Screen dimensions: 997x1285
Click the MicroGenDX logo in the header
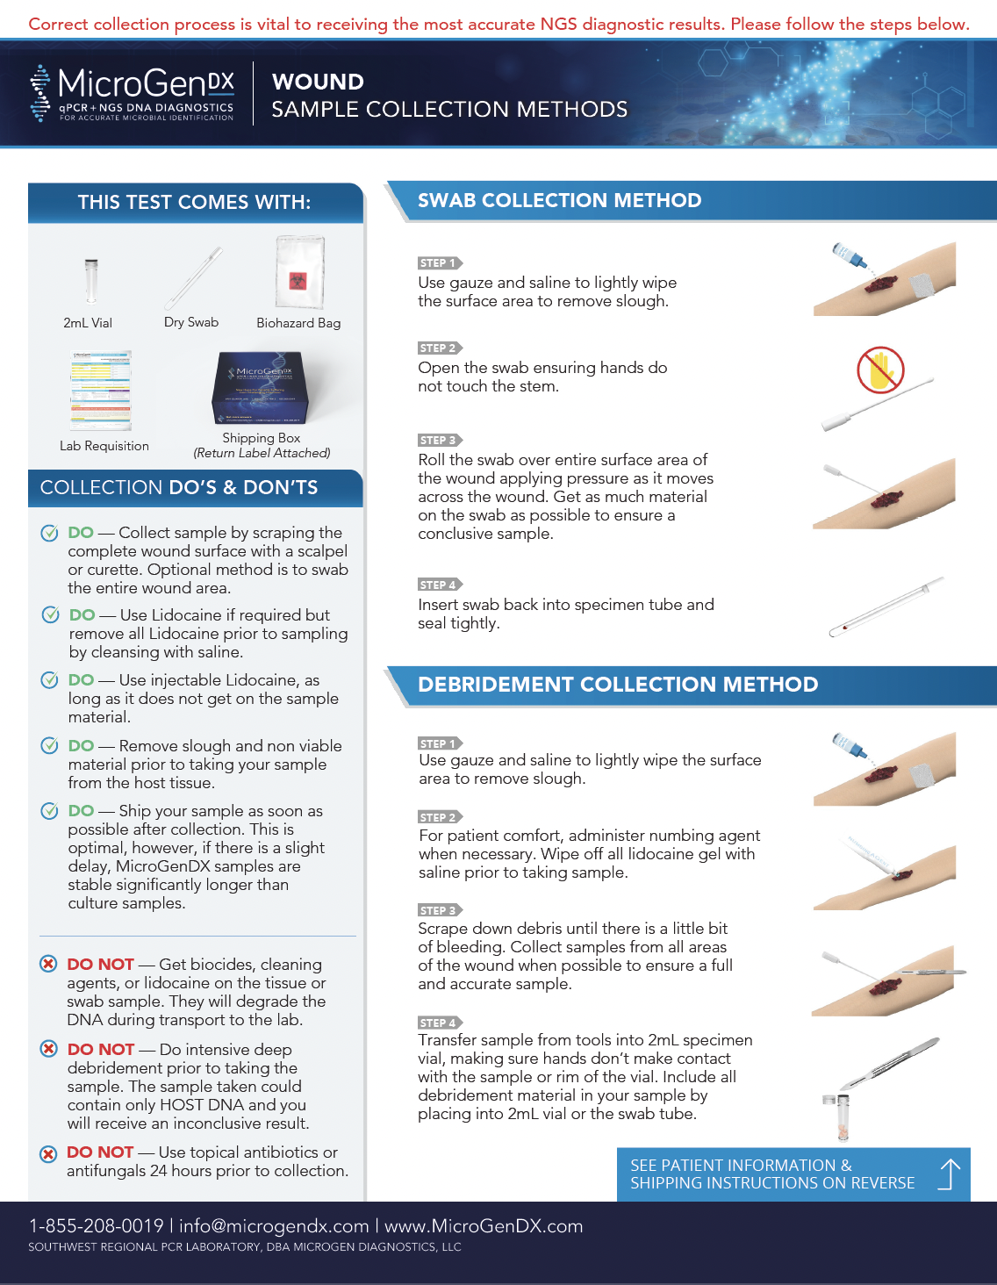pyautogui.click(x=133, y=93)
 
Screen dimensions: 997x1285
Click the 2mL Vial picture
pyautogui.click(x=90, y=281)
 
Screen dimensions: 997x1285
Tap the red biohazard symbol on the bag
pyautogui.click(x=298, y=281)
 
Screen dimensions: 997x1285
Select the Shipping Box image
pyautogui.click(x=260, y=387)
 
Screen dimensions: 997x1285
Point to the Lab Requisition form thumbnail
pyautogui.click(x=100, y=391)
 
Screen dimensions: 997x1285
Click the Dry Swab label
pyautogui.click(x=191, y=322)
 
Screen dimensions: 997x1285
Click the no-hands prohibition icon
pyautogui.click(x=880, y=370)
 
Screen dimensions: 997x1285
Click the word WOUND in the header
pyautogui.click(x=318, y=83)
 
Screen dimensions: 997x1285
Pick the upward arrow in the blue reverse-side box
pyautogui.click(x=950, y=1174)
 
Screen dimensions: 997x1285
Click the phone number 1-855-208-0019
pyautogui.click(x=96, y=1226)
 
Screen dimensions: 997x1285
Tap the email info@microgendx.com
pyautogui.click(x=274, y=1226)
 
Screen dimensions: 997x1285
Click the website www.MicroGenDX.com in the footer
pyautogui.click(x=484, y=1226)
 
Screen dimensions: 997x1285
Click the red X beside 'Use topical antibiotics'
pyautogui.click(x=48, y=1153)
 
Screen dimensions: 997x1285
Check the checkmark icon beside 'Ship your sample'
pyautogui.click(x=49, y=811)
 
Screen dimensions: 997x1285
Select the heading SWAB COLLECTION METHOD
pyautogui.click(x=560, y=200)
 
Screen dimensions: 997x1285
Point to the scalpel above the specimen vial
pyautogui.click(x=889, y=1063)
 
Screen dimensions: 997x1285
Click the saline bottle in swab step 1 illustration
pyautogui.click(x=849, y=255)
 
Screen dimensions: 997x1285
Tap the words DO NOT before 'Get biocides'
pyautogui.click(x=100, y=965)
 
